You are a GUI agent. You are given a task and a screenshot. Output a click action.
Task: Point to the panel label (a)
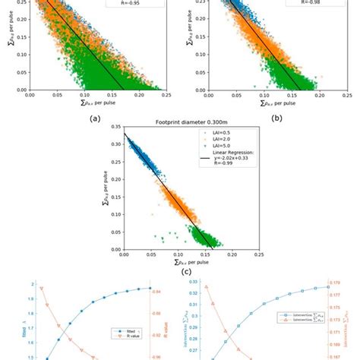click(x=95, y=118)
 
